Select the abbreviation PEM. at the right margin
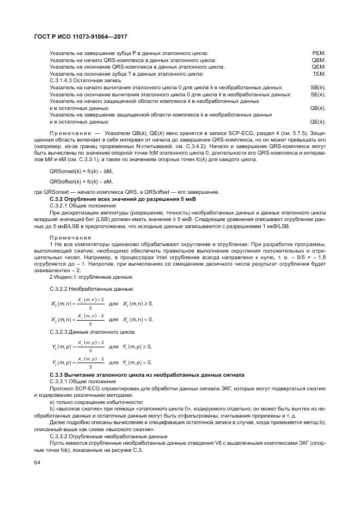coord(319,53)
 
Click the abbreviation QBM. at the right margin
coord(318,60)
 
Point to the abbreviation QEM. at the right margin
coord(318,66)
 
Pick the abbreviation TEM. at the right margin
coord(319,73)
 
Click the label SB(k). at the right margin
coord(318,87)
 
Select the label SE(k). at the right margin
coord(318,94)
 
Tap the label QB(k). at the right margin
coord(318,108)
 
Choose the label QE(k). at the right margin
coord(318,121)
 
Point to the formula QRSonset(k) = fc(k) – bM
coord(82,171)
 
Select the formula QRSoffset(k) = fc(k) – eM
coord(82,181)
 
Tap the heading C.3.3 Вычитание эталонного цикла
coord(147,375)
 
